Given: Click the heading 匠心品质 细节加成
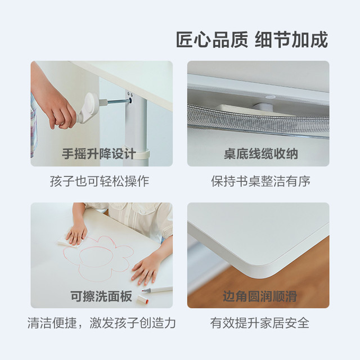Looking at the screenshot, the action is coord(252,40).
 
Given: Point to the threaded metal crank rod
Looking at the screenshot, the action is coord(118,101).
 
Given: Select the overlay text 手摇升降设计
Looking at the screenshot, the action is coord(99,154).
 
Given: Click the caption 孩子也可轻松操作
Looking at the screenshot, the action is coord(100,181).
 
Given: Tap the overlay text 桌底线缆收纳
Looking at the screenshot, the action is coord(261,154).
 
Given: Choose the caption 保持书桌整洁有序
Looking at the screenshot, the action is coord(261,181).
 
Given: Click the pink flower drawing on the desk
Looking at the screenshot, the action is coord(98,258).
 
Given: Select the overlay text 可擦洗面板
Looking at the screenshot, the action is coord(101,296).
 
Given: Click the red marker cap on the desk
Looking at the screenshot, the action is coord(143,299).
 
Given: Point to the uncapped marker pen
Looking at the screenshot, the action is coord(157,290).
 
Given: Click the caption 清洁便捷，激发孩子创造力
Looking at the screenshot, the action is coord(102,323).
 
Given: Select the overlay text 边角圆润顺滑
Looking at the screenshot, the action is coord(260,296).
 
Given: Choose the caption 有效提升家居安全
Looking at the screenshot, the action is coord(260,323).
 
